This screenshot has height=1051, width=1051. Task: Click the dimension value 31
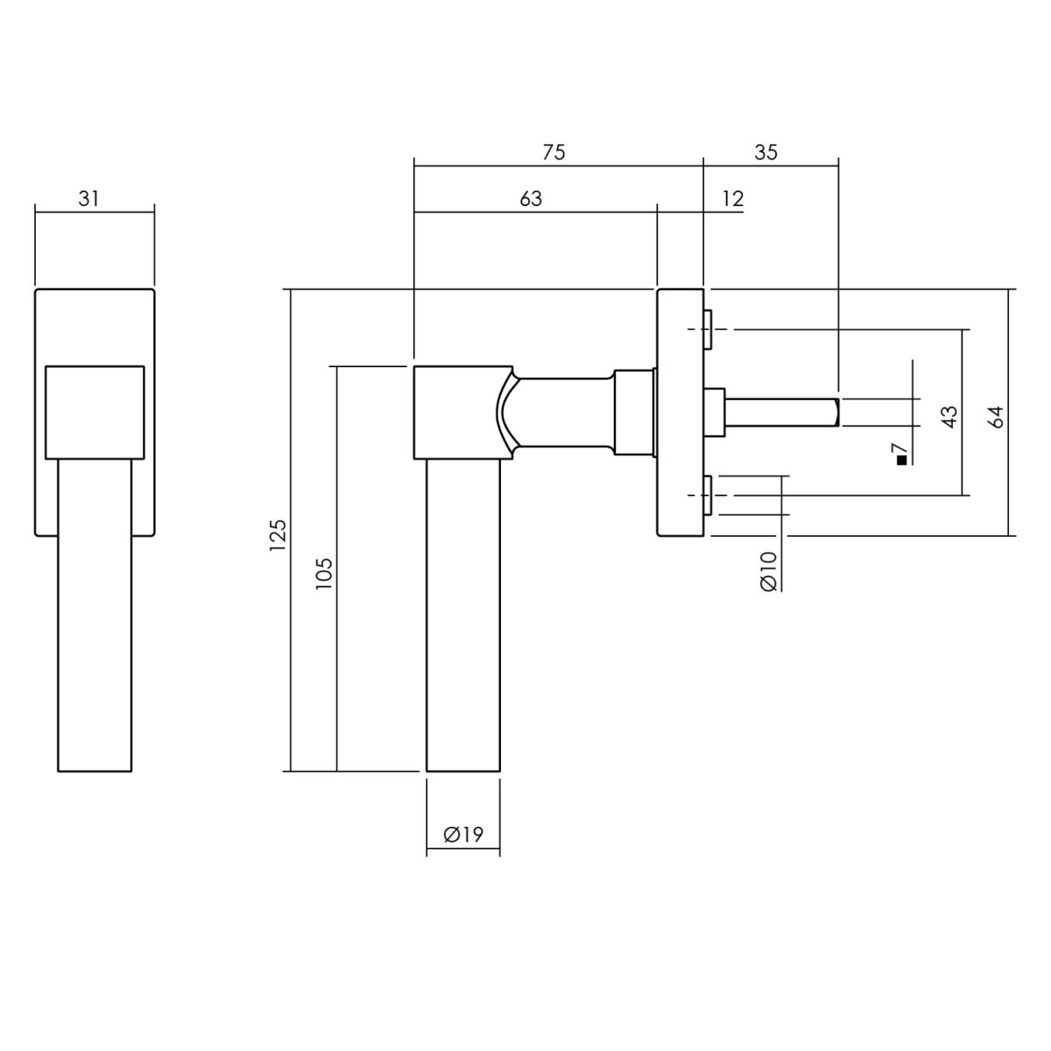[x=89, y=199]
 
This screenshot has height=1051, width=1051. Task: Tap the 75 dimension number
[x=554, y=152]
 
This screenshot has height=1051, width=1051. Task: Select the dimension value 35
[x=765, y=152]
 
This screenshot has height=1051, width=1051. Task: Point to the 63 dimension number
[x=531, y=199]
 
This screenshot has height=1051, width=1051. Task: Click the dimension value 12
[x=733, y=199]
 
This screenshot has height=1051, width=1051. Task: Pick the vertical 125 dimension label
[x=278, y=535]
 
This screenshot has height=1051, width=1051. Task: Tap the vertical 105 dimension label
[x=324, y=573]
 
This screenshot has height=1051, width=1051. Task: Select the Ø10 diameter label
[x=768, y=571]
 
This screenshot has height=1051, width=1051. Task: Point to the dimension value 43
[x=949, y=417]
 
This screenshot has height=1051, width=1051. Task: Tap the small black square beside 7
[x=901, y=461]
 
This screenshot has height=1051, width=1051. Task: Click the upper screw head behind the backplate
[x=708, y=330]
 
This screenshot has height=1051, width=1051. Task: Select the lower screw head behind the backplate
[x=708, y=495]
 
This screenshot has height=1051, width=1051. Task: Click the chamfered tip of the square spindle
[x=836, y=413]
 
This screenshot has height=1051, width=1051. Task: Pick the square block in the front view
[x=95, y=413]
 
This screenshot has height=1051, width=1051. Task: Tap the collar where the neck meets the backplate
[x=634, y=413]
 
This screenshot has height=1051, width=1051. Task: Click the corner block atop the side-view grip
[x=463, y=413]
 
